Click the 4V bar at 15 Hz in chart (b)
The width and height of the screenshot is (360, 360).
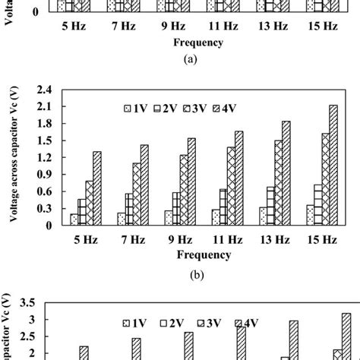(x=334, y=165)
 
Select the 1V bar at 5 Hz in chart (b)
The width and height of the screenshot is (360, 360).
(x=74, y=219)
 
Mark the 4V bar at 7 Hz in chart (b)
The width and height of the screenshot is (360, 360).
(x=144, y=185)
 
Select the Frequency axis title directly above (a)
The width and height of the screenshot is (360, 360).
(x=197, y=43)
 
